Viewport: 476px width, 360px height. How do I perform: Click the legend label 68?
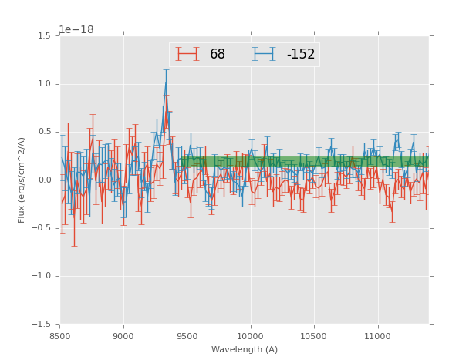tap(218, 55)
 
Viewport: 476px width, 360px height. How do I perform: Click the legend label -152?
tap(301, 55)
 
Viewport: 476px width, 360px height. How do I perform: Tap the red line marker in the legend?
tap(187, 55)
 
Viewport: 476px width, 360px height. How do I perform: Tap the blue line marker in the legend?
tap(264, 55)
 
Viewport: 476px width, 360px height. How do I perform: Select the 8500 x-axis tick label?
tap(60, 336)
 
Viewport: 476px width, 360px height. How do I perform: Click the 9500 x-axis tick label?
tap(187, 336)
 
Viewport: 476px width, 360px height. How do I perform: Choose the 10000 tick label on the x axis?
tap(250, 336)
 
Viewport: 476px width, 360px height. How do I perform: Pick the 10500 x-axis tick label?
tap(314, 336)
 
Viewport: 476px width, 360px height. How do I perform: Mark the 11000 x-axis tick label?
tap(377, 336)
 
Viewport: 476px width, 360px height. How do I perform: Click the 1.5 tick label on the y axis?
tap(46, 36)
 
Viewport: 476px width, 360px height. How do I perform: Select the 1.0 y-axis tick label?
tap(46, 84)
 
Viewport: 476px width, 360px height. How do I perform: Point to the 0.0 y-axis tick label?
tap(46, 180)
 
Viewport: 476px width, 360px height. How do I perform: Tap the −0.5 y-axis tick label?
tap(43, 228)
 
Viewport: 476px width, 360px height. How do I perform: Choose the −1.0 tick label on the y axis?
tap(43, 276)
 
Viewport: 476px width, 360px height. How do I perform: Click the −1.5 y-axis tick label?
tap(43, 325)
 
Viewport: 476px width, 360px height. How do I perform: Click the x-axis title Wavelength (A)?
tap(245, 349)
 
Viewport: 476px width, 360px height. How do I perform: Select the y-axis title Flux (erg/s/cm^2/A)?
tap(22, 180)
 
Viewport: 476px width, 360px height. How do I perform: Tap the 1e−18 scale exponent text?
tap(76, 30)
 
